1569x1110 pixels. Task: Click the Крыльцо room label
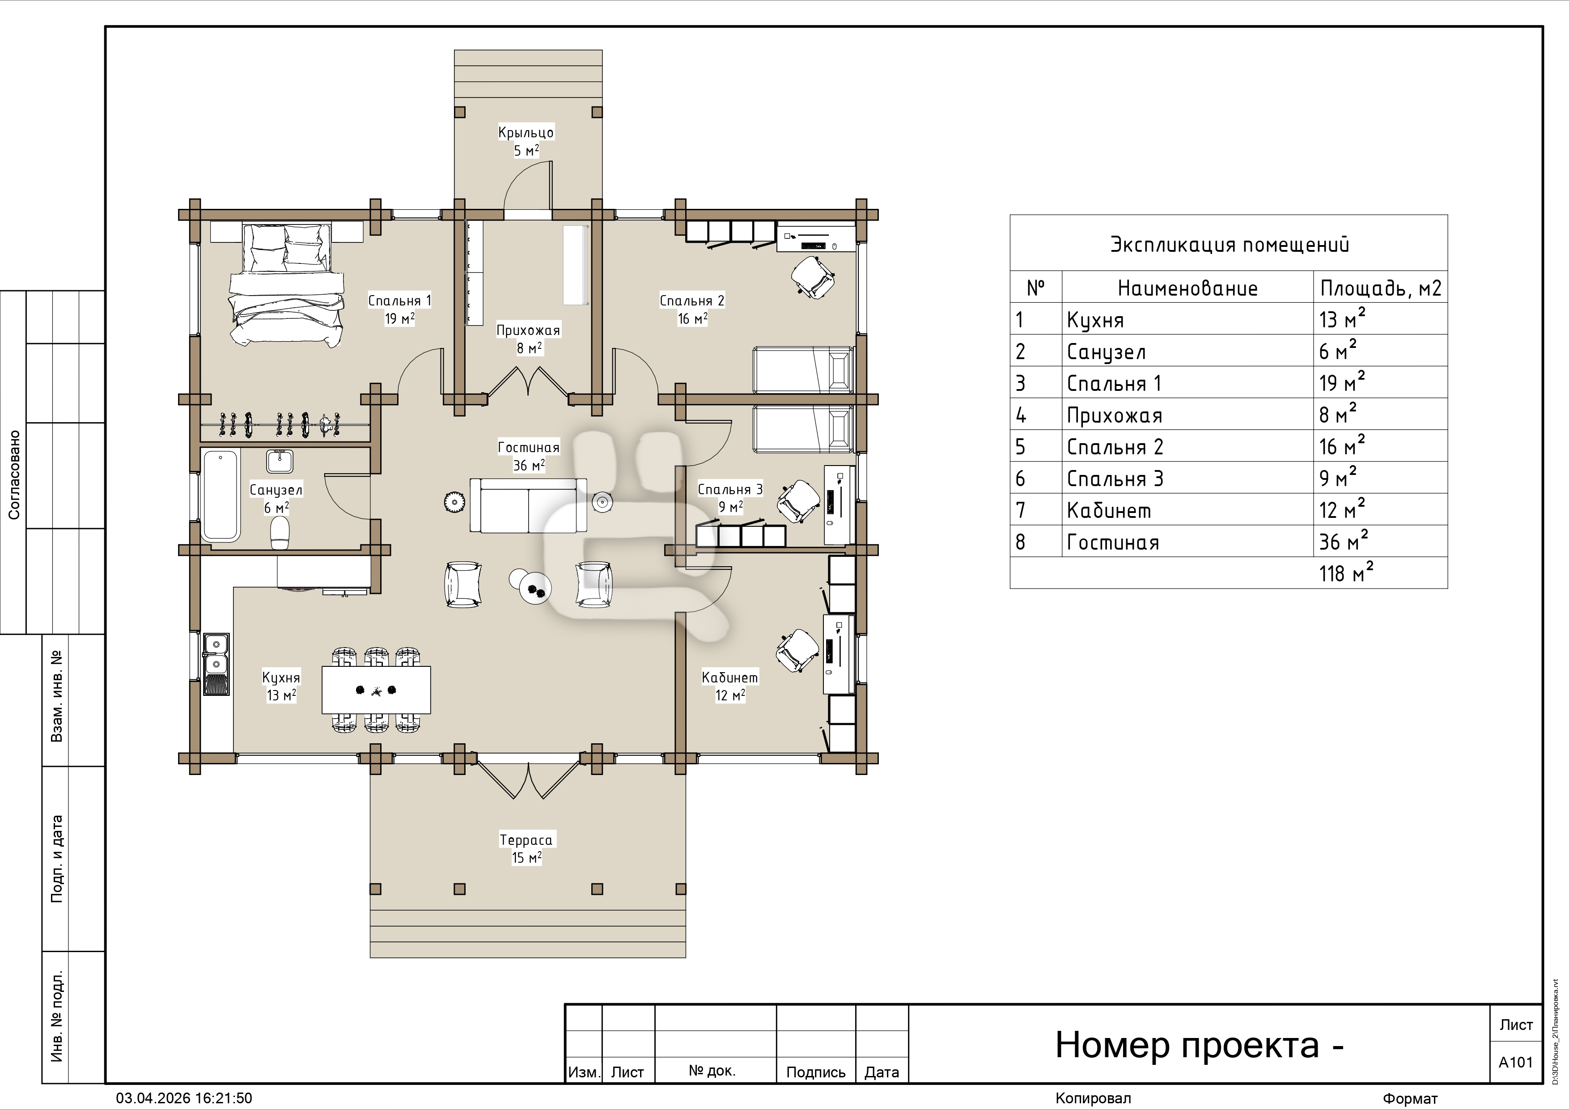(x=526, y=132)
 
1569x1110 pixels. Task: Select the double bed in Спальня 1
(x=286, y=284)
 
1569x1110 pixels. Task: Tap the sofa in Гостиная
(x=528, y=505)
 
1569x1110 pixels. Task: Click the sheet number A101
(x=1516, y=1062)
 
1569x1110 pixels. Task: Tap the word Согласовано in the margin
(x=14, y=475)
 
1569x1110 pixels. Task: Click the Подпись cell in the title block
(x=816, y=1072)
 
